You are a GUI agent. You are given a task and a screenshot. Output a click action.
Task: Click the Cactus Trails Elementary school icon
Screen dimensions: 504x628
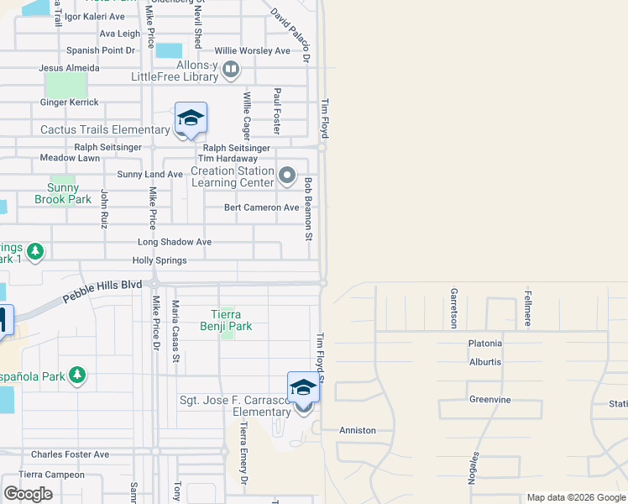click(191, 118)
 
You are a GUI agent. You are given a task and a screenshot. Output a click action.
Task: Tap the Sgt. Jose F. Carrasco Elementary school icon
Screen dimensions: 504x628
click(303, 388)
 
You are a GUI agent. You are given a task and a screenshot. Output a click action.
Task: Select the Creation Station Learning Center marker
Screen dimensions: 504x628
click(288, 176)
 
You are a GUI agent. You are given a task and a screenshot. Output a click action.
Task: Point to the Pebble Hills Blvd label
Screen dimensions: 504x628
click(103, 292)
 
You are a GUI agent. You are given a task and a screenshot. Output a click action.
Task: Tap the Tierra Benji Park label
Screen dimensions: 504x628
click(226, 320)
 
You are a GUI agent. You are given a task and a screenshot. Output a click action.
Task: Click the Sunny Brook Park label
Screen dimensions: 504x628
click(62, 193)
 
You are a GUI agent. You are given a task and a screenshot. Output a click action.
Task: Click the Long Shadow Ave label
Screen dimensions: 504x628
click(175, 242)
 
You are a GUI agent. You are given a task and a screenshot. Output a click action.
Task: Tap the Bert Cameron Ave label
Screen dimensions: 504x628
click(261, 207)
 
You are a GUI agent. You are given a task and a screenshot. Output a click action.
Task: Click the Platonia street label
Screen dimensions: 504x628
click(485, 344)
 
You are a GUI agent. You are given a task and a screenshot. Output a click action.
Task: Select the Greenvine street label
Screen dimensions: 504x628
click(489, 400)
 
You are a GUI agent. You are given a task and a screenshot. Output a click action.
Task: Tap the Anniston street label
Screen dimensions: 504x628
click(357, 430)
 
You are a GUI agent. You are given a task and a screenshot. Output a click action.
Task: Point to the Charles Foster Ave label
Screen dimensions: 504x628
click(70, 454)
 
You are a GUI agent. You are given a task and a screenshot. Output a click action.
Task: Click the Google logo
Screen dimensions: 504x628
click(28, 494)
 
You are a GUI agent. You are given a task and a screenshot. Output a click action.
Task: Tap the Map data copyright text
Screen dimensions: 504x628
click(575, 497)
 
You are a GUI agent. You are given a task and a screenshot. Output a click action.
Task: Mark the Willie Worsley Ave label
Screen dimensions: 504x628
click(252, 51)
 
